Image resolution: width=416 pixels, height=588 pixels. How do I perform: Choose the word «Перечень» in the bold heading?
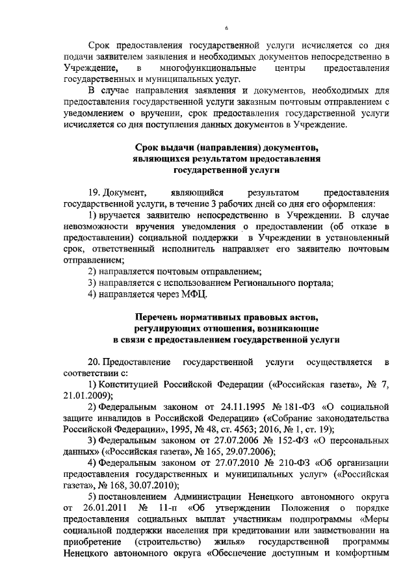click(160, 316)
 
